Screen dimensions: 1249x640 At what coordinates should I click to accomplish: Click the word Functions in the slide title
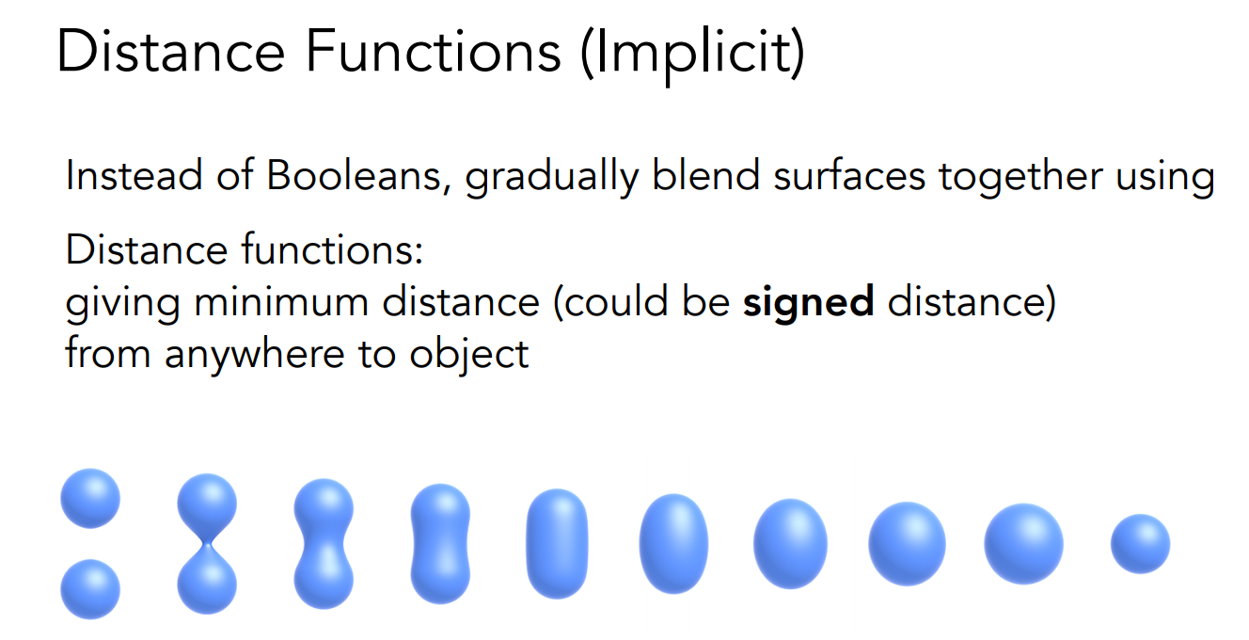(434, 52)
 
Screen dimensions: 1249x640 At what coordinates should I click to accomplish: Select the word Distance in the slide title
(170, 52)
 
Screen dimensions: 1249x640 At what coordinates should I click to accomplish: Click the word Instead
(134, 175)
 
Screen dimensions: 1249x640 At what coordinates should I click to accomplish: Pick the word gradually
(551, 178)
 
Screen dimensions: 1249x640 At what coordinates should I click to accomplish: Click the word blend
(706, 175)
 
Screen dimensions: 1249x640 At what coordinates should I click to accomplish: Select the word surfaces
(849, 175)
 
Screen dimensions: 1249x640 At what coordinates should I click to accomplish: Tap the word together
(1020, 178)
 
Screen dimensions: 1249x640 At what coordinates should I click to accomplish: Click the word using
(1164, 179)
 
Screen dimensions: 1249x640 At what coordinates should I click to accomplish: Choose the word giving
(122, 304)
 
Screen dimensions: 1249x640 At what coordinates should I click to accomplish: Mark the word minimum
(281, 302)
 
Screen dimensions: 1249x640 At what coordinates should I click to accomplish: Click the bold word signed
(808, 304)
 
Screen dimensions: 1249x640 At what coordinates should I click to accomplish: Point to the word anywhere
(254, 355)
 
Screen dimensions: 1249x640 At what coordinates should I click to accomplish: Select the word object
(469, 355)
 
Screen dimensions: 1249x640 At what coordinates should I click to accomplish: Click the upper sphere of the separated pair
(90, 498)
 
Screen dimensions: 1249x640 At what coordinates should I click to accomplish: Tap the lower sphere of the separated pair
(90, 589)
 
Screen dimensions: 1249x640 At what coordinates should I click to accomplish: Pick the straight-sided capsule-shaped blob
(557, 544)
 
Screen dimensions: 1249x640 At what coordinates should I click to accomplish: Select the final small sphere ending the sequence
(1140, 544)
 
